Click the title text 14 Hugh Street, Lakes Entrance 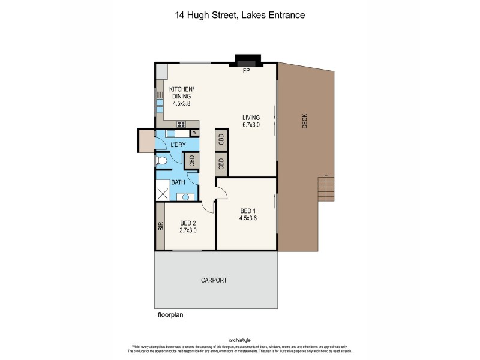coord(239,16)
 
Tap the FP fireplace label coord(245,71)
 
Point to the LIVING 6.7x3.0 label coord(251,121)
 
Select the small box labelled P coord(194,134)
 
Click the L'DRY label coord(178,146)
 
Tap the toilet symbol coord(161,161)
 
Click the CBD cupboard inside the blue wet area coord(192,161)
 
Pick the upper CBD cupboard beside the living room coord(221,140)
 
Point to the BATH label coord(178,182)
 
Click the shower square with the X coord(163,194)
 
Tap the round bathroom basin coord(185,196)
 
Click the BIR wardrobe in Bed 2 coord(160,227)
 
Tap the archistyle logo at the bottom coord(239,339)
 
